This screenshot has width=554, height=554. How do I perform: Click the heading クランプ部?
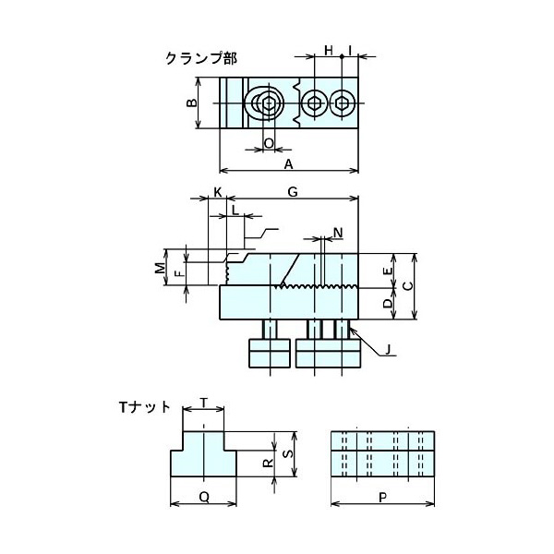click(200, 58)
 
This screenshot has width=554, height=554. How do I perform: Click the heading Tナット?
click(146, 406)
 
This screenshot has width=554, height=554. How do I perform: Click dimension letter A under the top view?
click(289, 164)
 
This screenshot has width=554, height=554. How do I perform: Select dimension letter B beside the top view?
click(192, 104)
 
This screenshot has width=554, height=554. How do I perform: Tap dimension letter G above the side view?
click(292, 192)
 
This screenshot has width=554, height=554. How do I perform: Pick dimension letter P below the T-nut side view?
click(381, 497)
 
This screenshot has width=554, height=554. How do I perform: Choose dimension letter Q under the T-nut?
click(204, 497)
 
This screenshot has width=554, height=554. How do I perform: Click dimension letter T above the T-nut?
click(204, 403)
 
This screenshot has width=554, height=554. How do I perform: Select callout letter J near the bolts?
click(389, 349)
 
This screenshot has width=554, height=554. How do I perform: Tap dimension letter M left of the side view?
click(159, 269)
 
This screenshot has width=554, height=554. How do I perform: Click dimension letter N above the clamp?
click(338, 231)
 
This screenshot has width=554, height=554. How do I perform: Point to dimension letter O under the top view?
click(269, 143)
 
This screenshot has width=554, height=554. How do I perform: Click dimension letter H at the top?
click(328, 50)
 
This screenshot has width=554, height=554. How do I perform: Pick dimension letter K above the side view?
click(218, 192)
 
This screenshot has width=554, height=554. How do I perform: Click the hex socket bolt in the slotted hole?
click(267, 102)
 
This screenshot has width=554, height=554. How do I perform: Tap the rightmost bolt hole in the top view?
click(343, 102)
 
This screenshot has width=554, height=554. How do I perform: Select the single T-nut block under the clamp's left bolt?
click(270, 353)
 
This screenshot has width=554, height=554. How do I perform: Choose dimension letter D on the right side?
click(388, 303)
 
